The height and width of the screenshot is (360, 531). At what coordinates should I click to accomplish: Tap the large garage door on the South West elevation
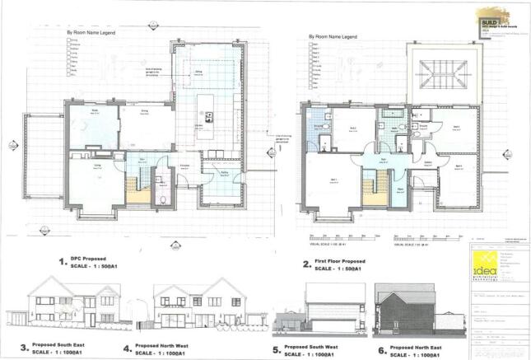pos(326,316)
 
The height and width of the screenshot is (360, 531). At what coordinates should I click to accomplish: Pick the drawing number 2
pos(306,264)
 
